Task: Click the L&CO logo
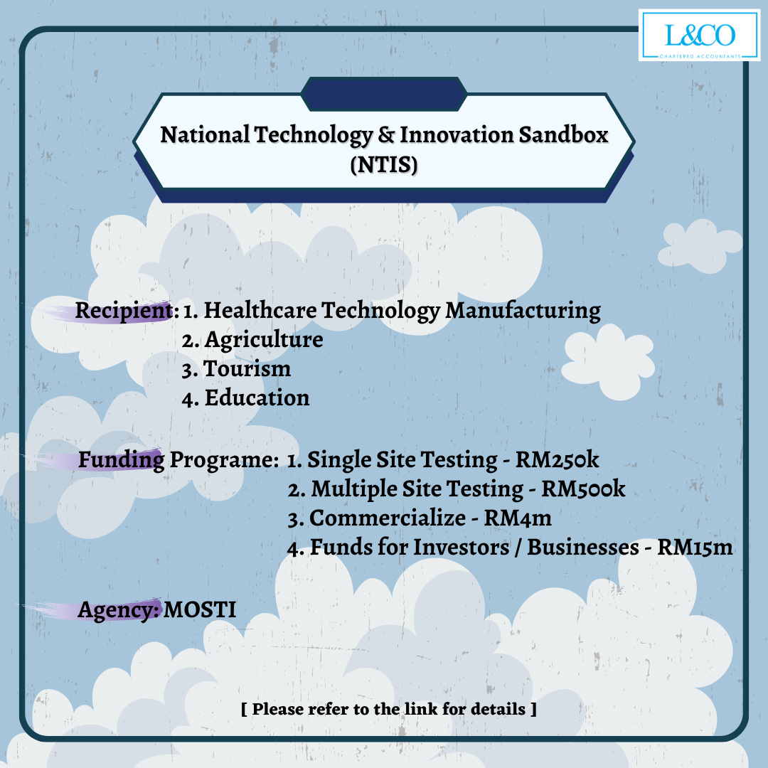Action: click(x=700, y=36)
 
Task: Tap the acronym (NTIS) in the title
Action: click(x=384, y=164)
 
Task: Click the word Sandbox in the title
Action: click(x=563, y=134)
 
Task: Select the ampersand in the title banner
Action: click(x=386, y=134)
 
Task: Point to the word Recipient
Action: click(x=124, y=311)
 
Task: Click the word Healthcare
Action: click(x=260, y=310)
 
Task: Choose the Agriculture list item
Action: click(x=252, y=340)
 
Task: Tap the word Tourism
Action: click(x=247, y=369)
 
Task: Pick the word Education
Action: click(x=257, y=398)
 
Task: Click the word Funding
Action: click(x=121, y=460)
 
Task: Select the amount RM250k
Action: click(x=557, y=459)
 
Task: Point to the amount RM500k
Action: click(x=583, y=489)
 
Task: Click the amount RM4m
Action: click(x=518, y=518)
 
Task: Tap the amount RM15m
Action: click(x=695, y=547)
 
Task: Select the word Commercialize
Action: click(x=388, y=518)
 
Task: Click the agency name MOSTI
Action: click(x=200, y=610)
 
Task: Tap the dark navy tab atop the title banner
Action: click(x=384, y=94)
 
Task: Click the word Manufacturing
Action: click(x=523, y=311)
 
